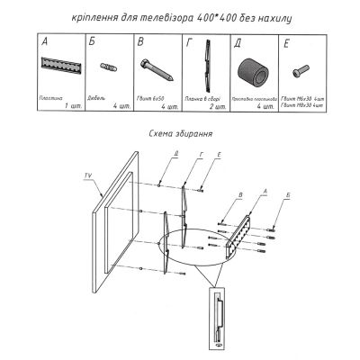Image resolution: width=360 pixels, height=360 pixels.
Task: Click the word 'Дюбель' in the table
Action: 96,96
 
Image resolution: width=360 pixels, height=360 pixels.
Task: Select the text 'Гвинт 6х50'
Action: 148,96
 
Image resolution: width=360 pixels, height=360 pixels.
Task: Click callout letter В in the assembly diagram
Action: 241,195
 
